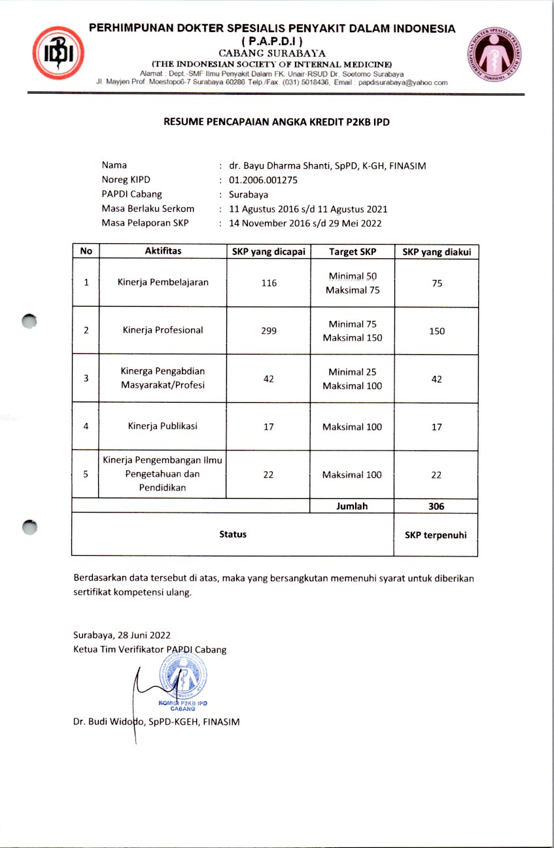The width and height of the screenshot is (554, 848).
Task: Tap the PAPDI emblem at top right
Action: tap(495, 56)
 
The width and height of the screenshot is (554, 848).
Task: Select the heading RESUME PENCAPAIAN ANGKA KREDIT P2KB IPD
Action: tap(277, 122)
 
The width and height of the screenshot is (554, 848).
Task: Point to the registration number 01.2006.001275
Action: tap(263, 180)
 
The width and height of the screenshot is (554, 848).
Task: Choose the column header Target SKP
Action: tap(352, 252)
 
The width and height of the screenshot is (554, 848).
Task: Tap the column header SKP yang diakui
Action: tap(436, 252)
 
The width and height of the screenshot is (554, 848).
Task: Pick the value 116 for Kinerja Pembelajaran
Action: tap(269, 283)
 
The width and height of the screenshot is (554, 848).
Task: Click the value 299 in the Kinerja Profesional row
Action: tap(269, 331)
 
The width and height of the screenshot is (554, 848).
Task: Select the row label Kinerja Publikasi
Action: tap(163, 426)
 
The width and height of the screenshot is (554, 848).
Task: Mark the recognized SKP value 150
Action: tap(437, 331)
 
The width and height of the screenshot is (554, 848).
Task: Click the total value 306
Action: tap(437, 506)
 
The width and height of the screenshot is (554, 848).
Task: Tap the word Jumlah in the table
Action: tap(353, 506)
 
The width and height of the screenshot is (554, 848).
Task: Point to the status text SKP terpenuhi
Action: tap(436, 535)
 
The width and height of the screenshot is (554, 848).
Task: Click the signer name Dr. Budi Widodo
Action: tap(118, 722)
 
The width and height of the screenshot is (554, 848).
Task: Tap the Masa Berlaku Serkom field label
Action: tap(148, 209)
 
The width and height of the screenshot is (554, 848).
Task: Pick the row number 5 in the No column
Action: tap(86, 475)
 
